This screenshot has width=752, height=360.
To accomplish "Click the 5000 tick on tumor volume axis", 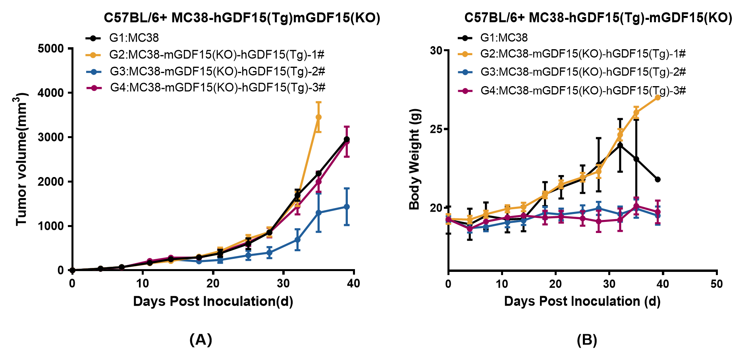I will pos(50,48).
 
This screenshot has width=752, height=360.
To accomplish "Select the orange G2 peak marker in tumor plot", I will pos(318,117).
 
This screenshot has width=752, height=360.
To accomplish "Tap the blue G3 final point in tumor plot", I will pos(347,207).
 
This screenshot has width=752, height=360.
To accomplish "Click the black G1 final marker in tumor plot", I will pos(347,139).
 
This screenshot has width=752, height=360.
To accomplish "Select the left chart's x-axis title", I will pos(213,301).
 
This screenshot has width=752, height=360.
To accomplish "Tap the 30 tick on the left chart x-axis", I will pos(283,283).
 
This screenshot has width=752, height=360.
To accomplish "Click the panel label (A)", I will pos(201,340).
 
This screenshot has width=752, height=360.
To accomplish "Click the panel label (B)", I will pos(586,340).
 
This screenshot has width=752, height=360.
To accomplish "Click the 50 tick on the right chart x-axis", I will pos(717,284).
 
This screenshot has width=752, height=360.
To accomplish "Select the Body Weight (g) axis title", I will pos(415,159).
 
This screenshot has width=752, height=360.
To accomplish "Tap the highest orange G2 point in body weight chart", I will pos(658,97).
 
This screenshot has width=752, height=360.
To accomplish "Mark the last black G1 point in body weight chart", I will pos(658,179).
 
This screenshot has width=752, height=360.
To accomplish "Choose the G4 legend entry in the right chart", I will pos(583,91).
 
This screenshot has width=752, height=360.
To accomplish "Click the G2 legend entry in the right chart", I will pos(583,54).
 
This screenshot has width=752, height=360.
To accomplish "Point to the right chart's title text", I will pos(598,18).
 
